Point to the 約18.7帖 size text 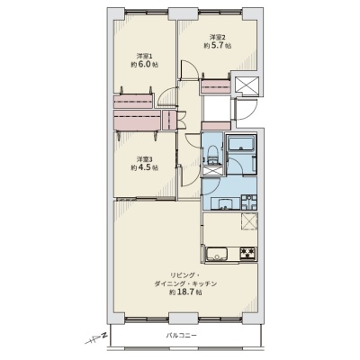185,292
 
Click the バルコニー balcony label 182,335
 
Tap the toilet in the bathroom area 212,155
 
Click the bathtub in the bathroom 241,143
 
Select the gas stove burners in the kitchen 247,253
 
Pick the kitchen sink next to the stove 218,254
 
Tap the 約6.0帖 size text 145,65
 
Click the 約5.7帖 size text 218,46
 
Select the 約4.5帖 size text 145,167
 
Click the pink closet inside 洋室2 216,86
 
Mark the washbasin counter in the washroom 225,203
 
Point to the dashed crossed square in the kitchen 249,221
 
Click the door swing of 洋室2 189,69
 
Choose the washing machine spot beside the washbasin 249,202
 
